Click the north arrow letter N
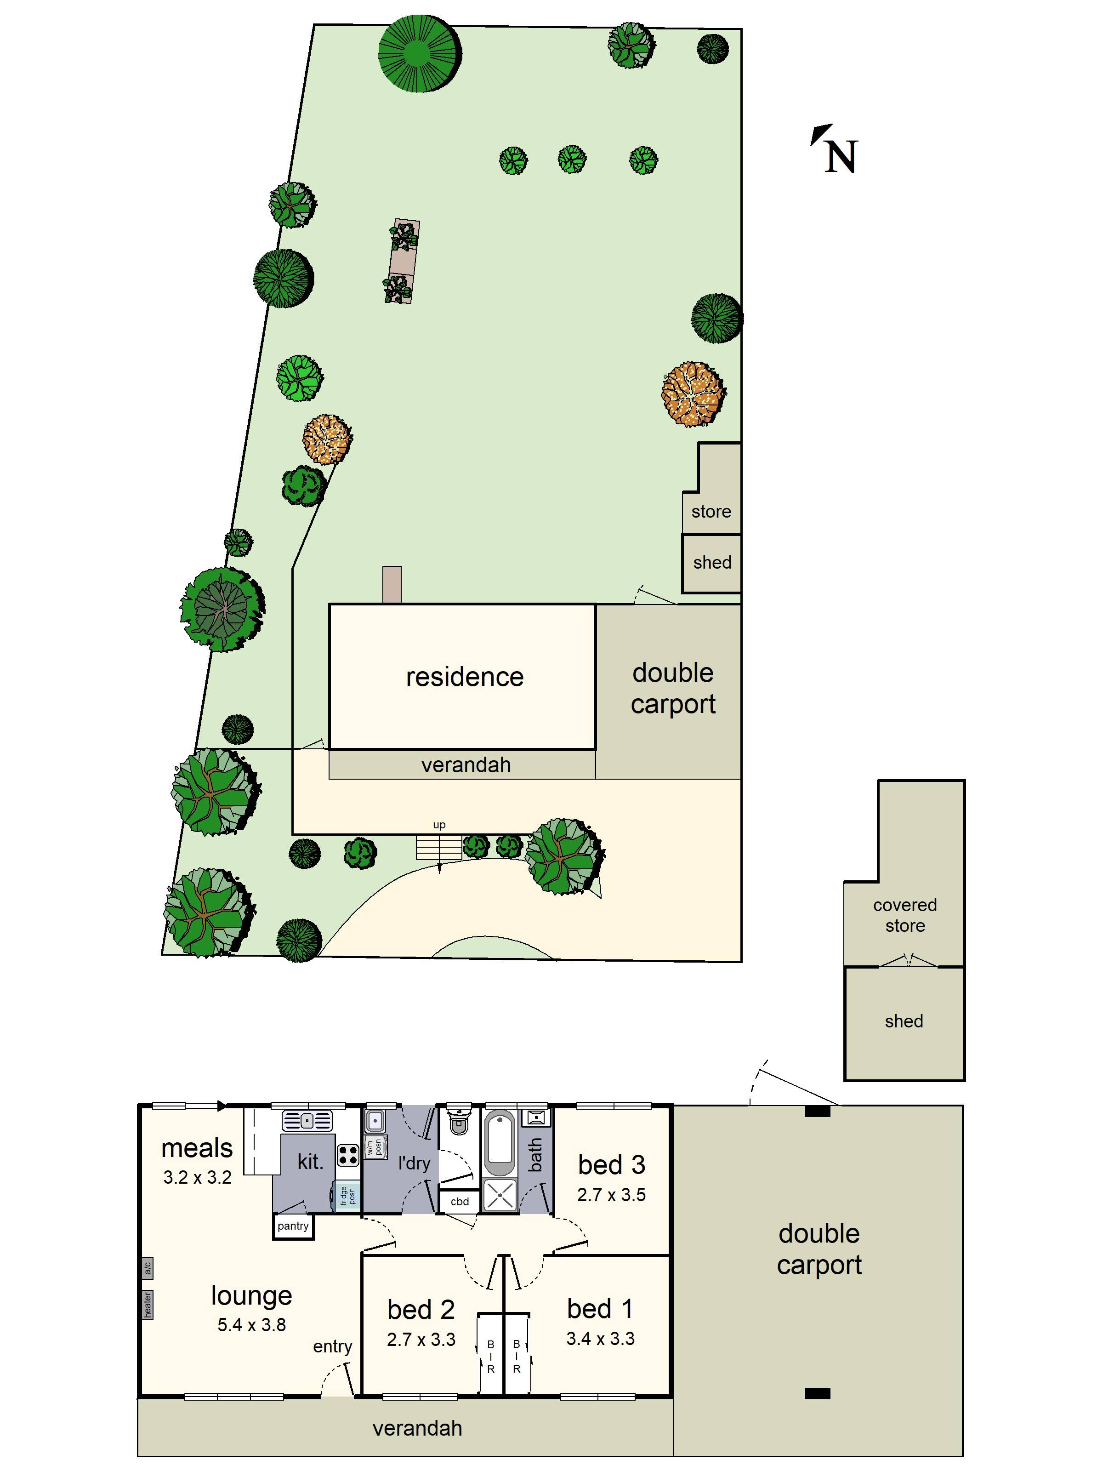pyautogui.click(x=841, y=157)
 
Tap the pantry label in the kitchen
pyautogui.click(x=293, y=1226)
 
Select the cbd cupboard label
pyautogui.click(x=460, y=1202)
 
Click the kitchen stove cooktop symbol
pyautogui.click(x=348, y=1155)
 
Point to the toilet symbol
pyautogui.click(x=458, y=1123)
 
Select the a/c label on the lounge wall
pyautogui.click(x=147, y=1268)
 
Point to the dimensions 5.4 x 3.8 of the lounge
pyautogui.click(x=251, y=1325)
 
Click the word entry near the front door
pyautogui.click(x=332, y=1346)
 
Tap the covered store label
pyautogui.click(x=905, y=915)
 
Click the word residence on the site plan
pyautogui.click(x=465, y=677)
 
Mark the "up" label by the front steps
pyautogui.click(x=439, y=825)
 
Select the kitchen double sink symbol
pyautogui.click(x=307, y=1121)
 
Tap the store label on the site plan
pyautogui.click(x=711, y=511)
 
